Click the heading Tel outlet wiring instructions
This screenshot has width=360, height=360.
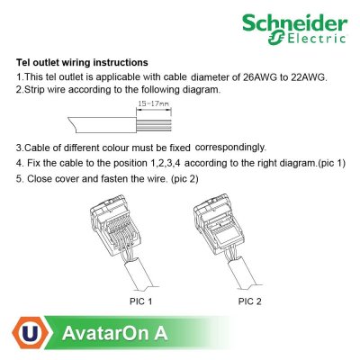pyautogui.click(x=83, y=63)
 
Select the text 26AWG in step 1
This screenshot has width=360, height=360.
pyautogui.click(x=258, y=76)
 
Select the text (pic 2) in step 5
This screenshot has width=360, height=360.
pyautogui.click(x=193, y=177)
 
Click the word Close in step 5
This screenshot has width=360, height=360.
pyautogui.click(x=40, y=177)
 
